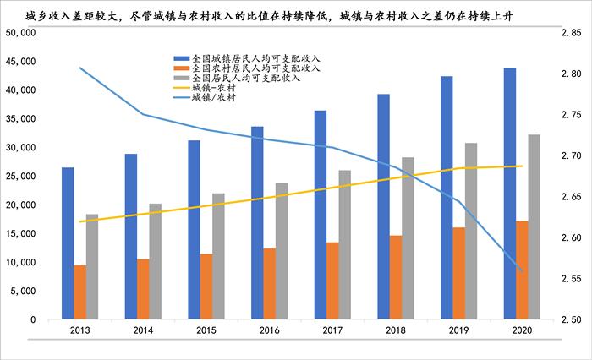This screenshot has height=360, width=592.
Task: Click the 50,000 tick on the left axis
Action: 19,32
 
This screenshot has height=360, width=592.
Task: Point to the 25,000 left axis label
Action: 19,176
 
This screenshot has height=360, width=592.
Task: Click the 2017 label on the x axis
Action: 332,331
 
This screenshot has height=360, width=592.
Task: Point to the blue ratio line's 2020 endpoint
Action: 521,270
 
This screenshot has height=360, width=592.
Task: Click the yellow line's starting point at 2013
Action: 79,221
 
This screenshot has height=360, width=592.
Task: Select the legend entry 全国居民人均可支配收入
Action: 244,78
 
